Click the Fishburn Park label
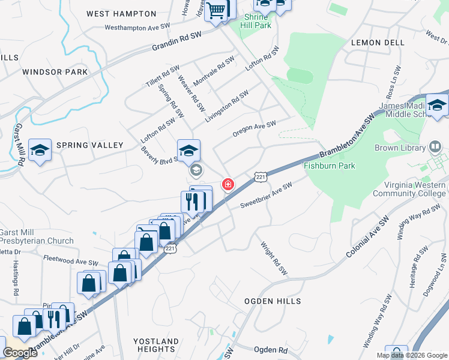coord(330,166)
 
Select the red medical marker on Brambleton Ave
coord(228,184)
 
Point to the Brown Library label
coord(399,148)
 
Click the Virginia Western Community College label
coord(409,189)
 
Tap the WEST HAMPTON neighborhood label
coord(121,13)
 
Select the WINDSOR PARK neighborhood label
coord(55,72)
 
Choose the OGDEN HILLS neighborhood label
coord(273,301)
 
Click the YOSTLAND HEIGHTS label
coord(155,345)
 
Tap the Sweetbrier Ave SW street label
coord(266,195)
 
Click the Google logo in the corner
coord(20,353)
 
